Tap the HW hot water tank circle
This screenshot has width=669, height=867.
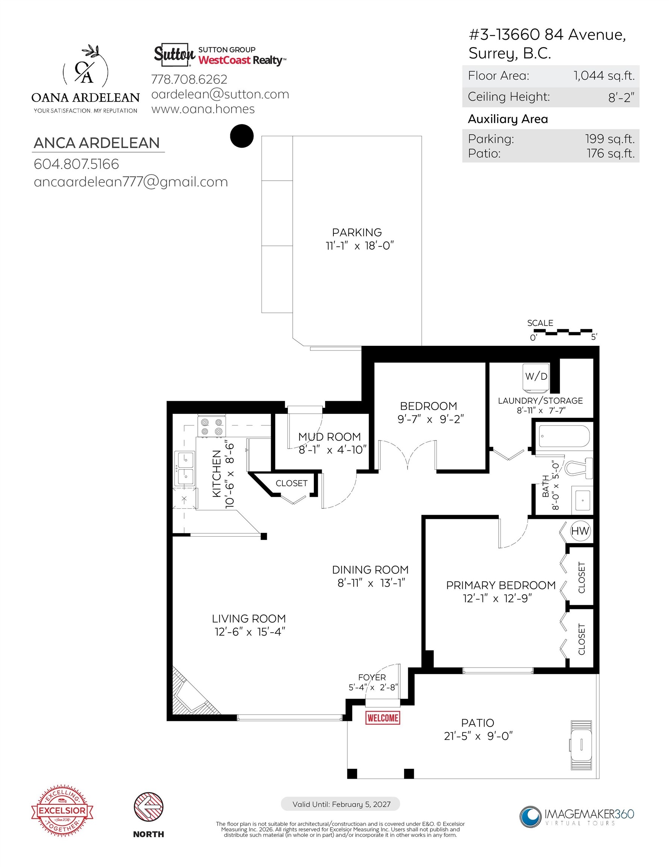click(580, 531)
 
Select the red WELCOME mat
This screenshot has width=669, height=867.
click(383, 718)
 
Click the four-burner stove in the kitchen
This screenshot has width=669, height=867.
click(211, 427)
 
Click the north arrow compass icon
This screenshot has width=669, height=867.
click(149, 807)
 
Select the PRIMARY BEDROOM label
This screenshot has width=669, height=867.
click(501, 585)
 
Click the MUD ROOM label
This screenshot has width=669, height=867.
click(329, 437)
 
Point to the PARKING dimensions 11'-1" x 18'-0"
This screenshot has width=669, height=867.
click(360, 246)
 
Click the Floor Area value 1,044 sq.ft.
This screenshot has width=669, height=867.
click(604, 76)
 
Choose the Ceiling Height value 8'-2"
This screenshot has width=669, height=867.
click(621, 97)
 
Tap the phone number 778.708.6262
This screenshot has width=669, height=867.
click(189, 79)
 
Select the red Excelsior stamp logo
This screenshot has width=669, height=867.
click(62, 810)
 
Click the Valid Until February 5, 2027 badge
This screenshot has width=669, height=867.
click(340, 804)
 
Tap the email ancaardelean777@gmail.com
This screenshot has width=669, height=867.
click(131, 182)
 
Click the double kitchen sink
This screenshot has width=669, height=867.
click(185, 468)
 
